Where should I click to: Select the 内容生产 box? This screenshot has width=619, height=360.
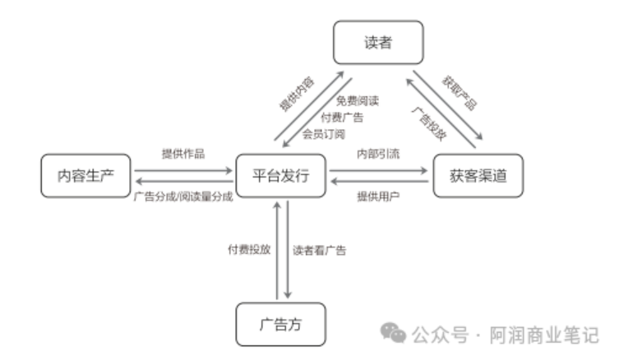(85, 175)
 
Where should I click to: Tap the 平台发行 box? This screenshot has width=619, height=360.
(281, 175)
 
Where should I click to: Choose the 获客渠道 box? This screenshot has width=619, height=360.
(477, 175)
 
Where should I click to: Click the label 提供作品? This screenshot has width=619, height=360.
(183, 154)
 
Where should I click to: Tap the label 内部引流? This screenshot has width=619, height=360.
(378, 154)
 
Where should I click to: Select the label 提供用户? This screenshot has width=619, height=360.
(378, 196)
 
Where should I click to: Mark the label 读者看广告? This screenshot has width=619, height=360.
(320, 250)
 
